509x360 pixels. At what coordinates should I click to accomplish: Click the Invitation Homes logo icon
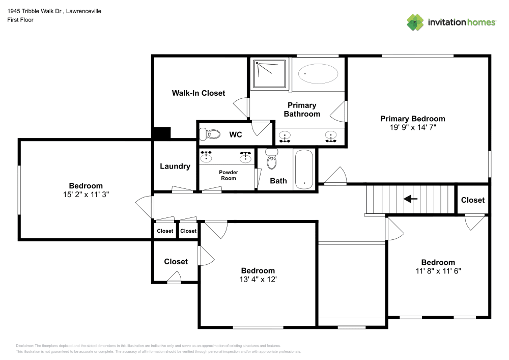415,22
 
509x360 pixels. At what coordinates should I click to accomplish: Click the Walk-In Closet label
198,93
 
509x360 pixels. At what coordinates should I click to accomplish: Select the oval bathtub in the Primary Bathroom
318,74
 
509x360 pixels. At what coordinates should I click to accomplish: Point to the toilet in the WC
210,134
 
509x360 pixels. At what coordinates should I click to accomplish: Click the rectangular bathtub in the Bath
304,170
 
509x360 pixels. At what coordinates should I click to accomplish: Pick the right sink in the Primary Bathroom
331,137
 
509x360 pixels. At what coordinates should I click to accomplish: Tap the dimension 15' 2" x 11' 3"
86,194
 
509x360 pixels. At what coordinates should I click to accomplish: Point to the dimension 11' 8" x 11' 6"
438,271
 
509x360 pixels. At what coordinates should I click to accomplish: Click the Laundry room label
175,167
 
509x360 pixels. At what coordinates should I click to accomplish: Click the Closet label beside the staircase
472,200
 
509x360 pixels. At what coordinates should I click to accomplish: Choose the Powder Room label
228,175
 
